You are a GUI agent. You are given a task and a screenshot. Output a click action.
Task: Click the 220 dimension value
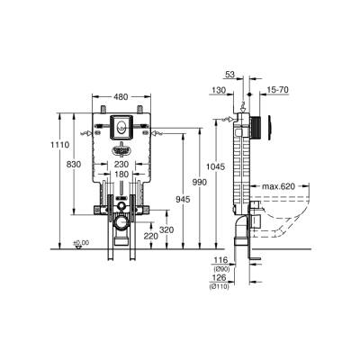(150, 236)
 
